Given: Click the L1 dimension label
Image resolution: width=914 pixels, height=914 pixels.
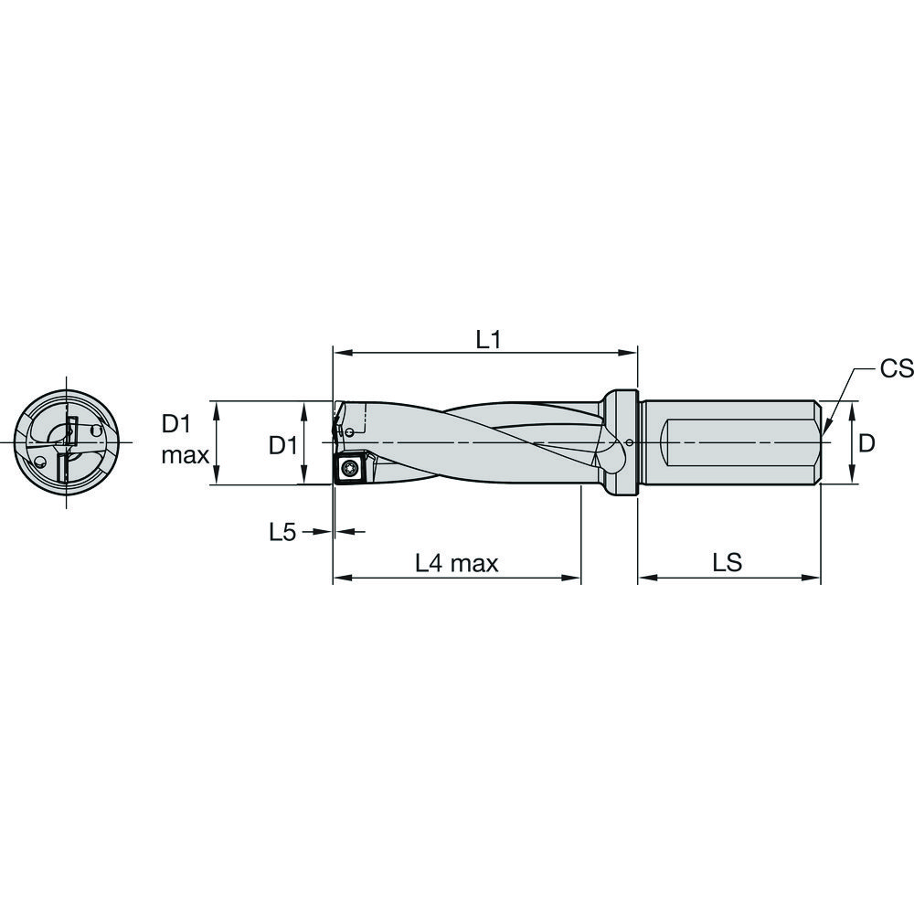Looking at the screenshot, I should (489, 339).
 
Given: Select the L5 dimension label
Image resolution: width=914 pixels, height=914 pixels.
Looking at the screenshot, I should (282, 532).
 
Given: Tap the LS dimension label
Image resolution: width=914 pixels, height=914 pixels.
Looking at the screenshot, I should (728, 564).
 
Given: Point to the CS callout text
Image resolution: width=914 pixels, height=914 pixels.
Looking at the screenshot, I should (896, 368).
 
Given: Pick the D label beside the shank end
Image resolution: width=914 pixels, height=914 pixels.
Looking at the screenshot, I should (867, 443).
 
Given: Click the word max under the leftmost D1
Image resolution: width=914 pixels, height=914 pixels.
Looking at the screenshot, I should (186, 454).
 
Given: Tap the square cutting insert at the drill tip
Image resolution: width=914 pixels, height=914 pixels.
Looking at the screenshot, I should (350, 468).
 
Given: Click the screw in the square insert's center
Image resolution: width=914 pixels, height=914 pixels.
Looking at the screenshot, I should (350, 469).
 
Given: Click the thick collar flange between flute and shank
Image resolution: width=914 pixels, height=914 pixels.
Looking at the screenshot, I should (620, 443).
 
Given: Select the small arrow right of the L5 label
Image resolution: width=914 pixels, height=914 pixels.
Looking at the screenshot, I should (321, 531).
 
